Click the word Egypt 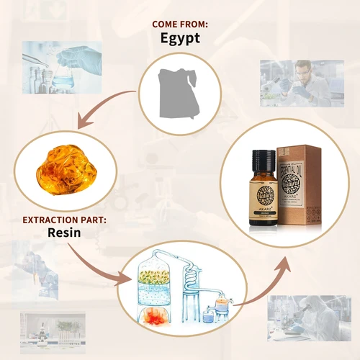180,38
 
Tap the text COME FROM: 180,23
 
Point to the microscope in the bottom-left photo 42,332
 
